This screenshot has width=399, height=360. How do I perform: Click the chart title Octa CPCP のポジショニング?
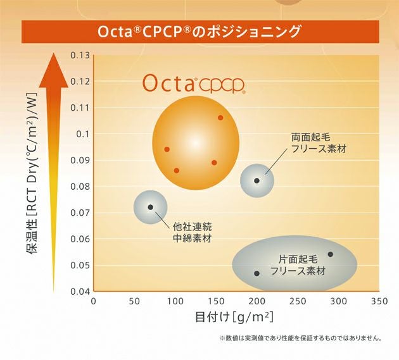pos(199,32)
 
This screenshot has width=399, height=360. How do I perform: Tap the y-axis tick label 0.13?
pos(80,55)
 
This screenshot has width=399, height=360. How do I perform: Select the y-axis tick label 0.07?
pos(80,213)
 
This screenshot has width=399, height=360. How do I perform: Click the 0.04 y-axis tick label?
pos(80,291)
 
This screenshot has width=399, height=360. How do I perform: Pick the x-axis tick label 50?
pos(134,301)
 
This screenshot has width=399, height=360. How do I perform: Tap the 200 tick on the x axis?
pos(256,301)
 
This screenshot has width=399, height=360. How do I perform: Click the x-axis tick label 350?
pos(379,301)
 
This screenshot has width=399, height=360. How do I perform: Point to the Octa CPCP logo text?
pos(193,84)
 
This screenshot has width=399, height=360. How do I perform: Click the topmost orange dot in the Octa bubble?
pos(220,118)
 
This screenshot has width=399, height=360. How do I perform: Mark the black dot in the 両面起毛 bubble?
pos(256,180)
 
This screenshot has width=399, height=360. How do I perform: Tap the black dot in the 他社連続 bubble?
pos(150,207)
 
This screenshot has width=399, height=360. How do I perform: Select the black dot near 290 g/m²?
pos(330,254)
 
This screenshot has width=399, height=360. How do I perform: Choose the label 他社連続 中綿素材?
pos(193,232)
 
